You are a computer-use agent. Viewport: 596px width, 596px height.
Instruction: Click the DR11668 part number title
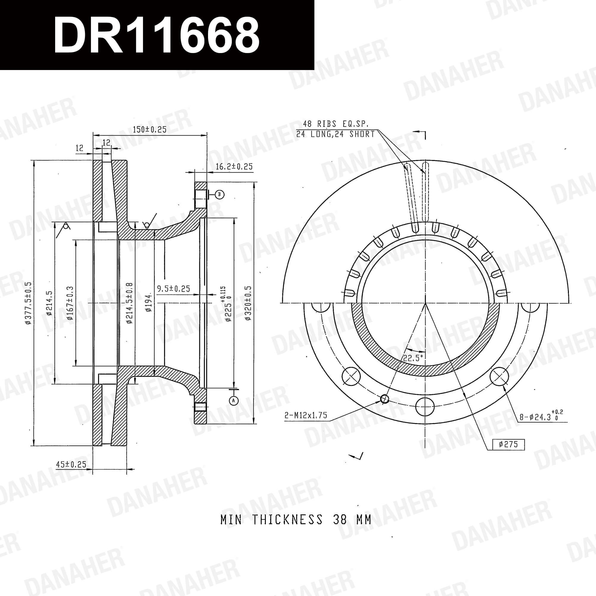156,35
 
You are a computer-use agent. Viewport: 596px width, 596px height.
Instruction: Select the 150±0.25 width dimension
150,130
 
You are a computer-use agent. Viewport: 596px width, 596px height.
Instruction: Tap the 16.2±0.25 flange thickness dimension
234,167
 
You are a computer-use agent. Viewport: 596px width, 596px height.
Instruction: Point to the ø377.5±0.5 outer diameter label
29,303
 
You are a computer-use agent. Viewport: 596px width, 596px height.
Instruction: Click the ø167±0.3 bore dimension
70,303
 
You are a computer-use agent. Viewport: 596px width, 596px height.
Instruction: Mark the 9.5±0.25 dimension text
173,289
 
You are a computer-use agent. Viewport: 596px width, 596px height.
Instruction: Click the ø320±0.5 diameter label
248,303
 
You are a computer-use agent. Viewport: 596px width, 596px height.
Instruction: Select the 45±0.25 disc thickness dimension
71,465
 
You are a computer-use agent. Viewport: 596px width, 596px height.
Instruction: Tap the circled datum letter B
219,194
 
